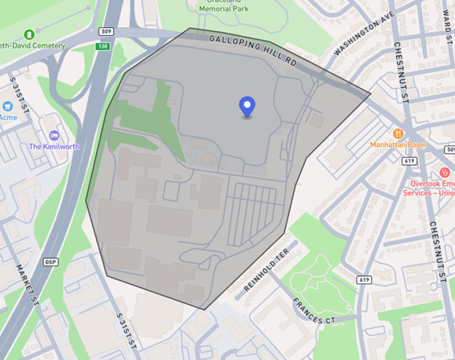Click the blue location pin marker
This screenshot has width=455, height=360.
tap(246, 107)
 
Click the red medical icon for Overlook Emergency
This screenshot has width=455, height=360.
tap(444, 173)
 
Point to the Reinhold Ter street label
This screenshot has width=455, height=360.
tap(268, 273)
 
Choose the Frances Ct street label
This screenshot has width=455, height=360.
tap(315, 310)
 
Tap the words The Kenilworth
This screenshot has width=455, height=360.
tap(53, 146)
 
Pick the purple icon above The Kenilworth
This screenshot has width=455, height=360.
tap(54, 135)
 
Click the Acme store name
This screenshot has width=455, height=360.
tap(7, 117)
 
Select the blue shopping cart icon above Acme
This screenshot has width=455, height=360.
tap(7, 105)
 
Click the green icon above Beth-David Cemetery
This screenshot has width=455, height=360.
tap(30, 35)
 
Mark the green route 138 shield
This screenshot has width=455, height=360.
tap(103, 46)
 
